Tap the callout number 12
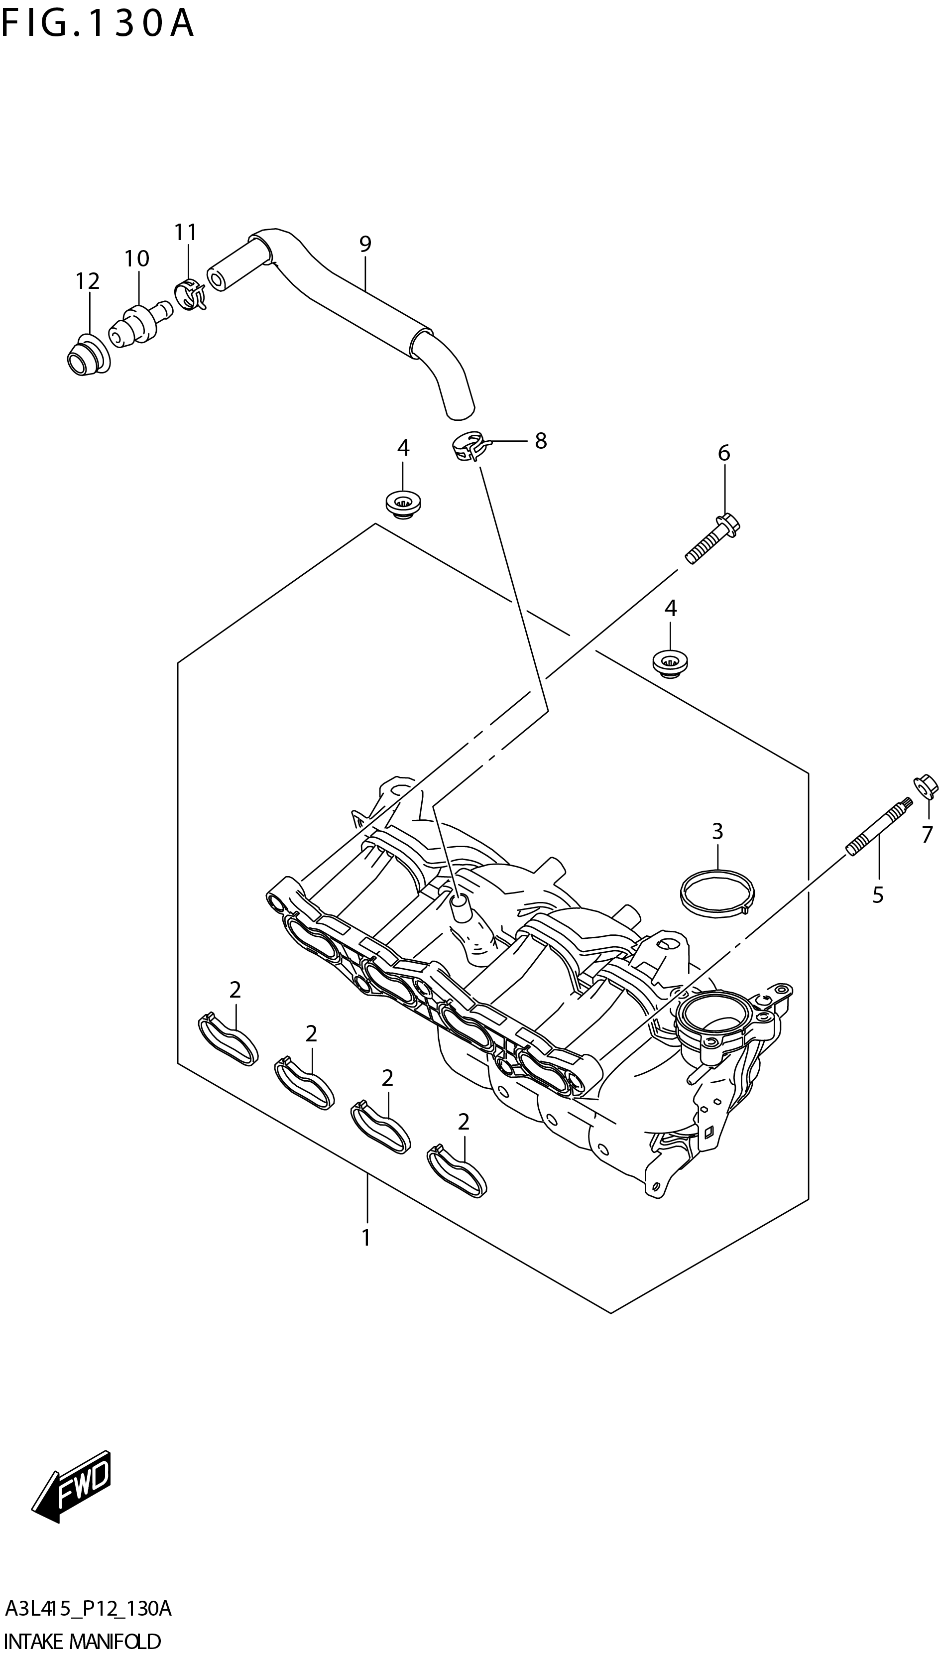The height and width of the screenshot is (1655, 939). click(x=88, y=281)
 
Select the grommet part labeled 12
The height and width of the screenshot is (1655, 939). click(x=87, y=356)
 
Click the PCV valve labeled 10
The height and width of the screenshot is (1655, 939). click(x=137, y=323)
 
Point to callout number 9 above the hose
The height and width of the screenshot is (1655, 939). click(x=365, y=244)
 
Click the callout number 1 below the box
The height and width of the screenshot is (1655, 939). click(x=365, y=1238)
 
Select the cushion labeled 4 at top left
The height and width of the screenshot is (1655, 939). click(x=403, y=503)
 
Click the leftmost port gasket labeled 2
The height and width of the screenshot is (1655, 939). click(x=228, y=1038)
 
